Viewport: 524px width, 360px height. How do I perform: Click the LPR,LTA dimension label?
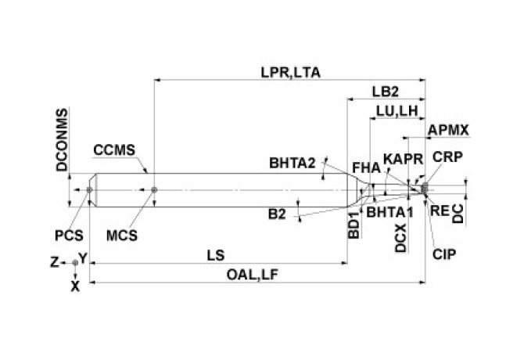(292, 71)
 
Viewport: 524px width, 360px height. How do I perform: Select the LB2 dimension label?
(386, 92)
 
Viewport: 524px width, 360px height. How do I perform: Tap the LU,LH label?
(396, 112)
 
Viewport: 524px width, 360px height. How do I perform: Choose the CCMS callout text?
(114, 149)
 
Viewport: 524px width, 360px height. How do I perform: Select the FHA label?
(366, 167)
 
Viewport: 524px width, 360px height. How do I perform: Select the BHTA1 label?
(389, 211)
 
